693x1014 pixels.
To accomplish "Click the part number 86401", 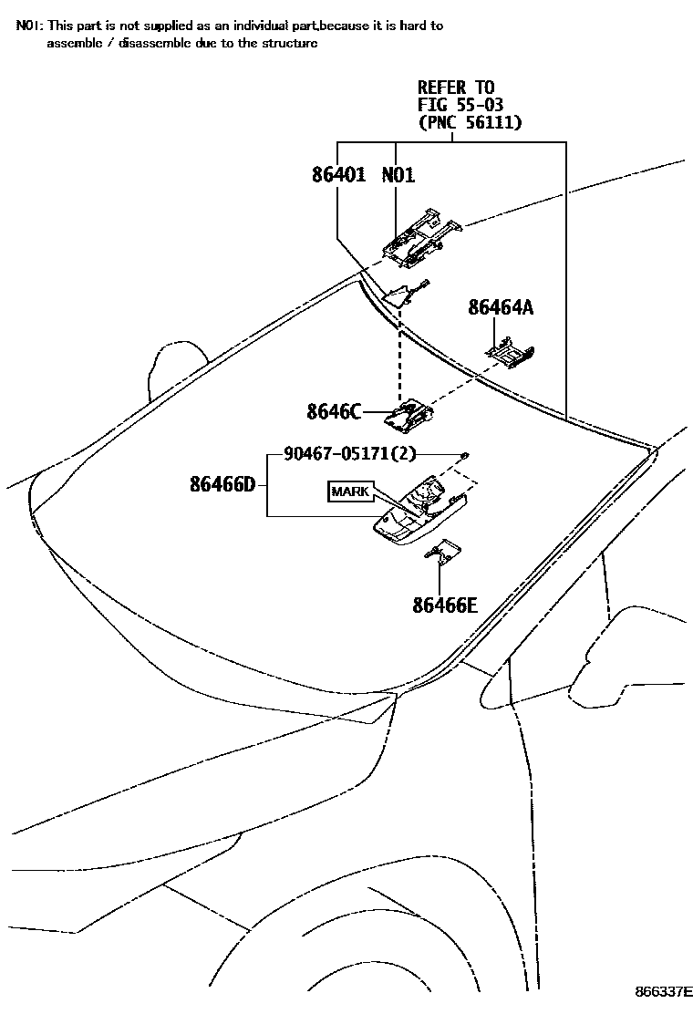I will pyautogui.click(x=338, y=175).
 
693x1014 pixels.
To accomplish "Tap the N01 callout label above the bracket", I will pyautogui.click(x=398, y=175).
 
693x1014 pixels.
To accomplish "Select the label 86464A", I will pyautogui.click(x=501, y=308).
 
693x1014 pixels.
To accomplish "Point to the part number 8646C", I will pyautogui.click(x=334, y=412).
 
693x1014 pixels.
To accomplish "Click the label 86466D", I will pyautogui.click(x=222, y=484).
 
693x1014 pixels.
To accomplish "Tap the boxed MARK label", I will pyautogui.click(x=350, y=491).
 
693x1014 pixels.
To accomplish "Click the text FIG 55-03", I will pyautogui.click(x=460, y=105).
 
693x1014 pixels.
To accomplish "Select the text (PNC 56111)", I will pyautogui.click(x=470, y=123).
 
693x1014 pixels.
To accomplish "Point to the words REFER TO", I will pyautogui.click(x=456, y=88).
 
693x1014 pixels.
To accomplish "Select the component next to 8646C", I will pyautogui.click(x=408, y=415).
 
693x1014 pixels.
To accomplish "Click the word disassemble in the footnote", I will pyautogui.click(x=128, y=43).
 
